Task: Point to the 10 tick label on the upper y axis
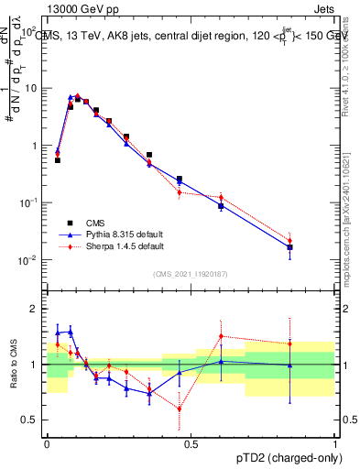point(32,89)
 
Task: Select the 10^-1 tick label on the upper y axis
point(30,202)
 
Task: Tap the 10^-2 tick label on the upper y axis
point(30,260)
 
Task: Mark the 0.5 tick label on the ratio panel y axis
point(33,420)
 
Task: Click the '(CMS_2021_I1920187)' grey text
point(191,274)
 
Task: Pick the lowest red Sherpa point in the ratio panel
point(180,409)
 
